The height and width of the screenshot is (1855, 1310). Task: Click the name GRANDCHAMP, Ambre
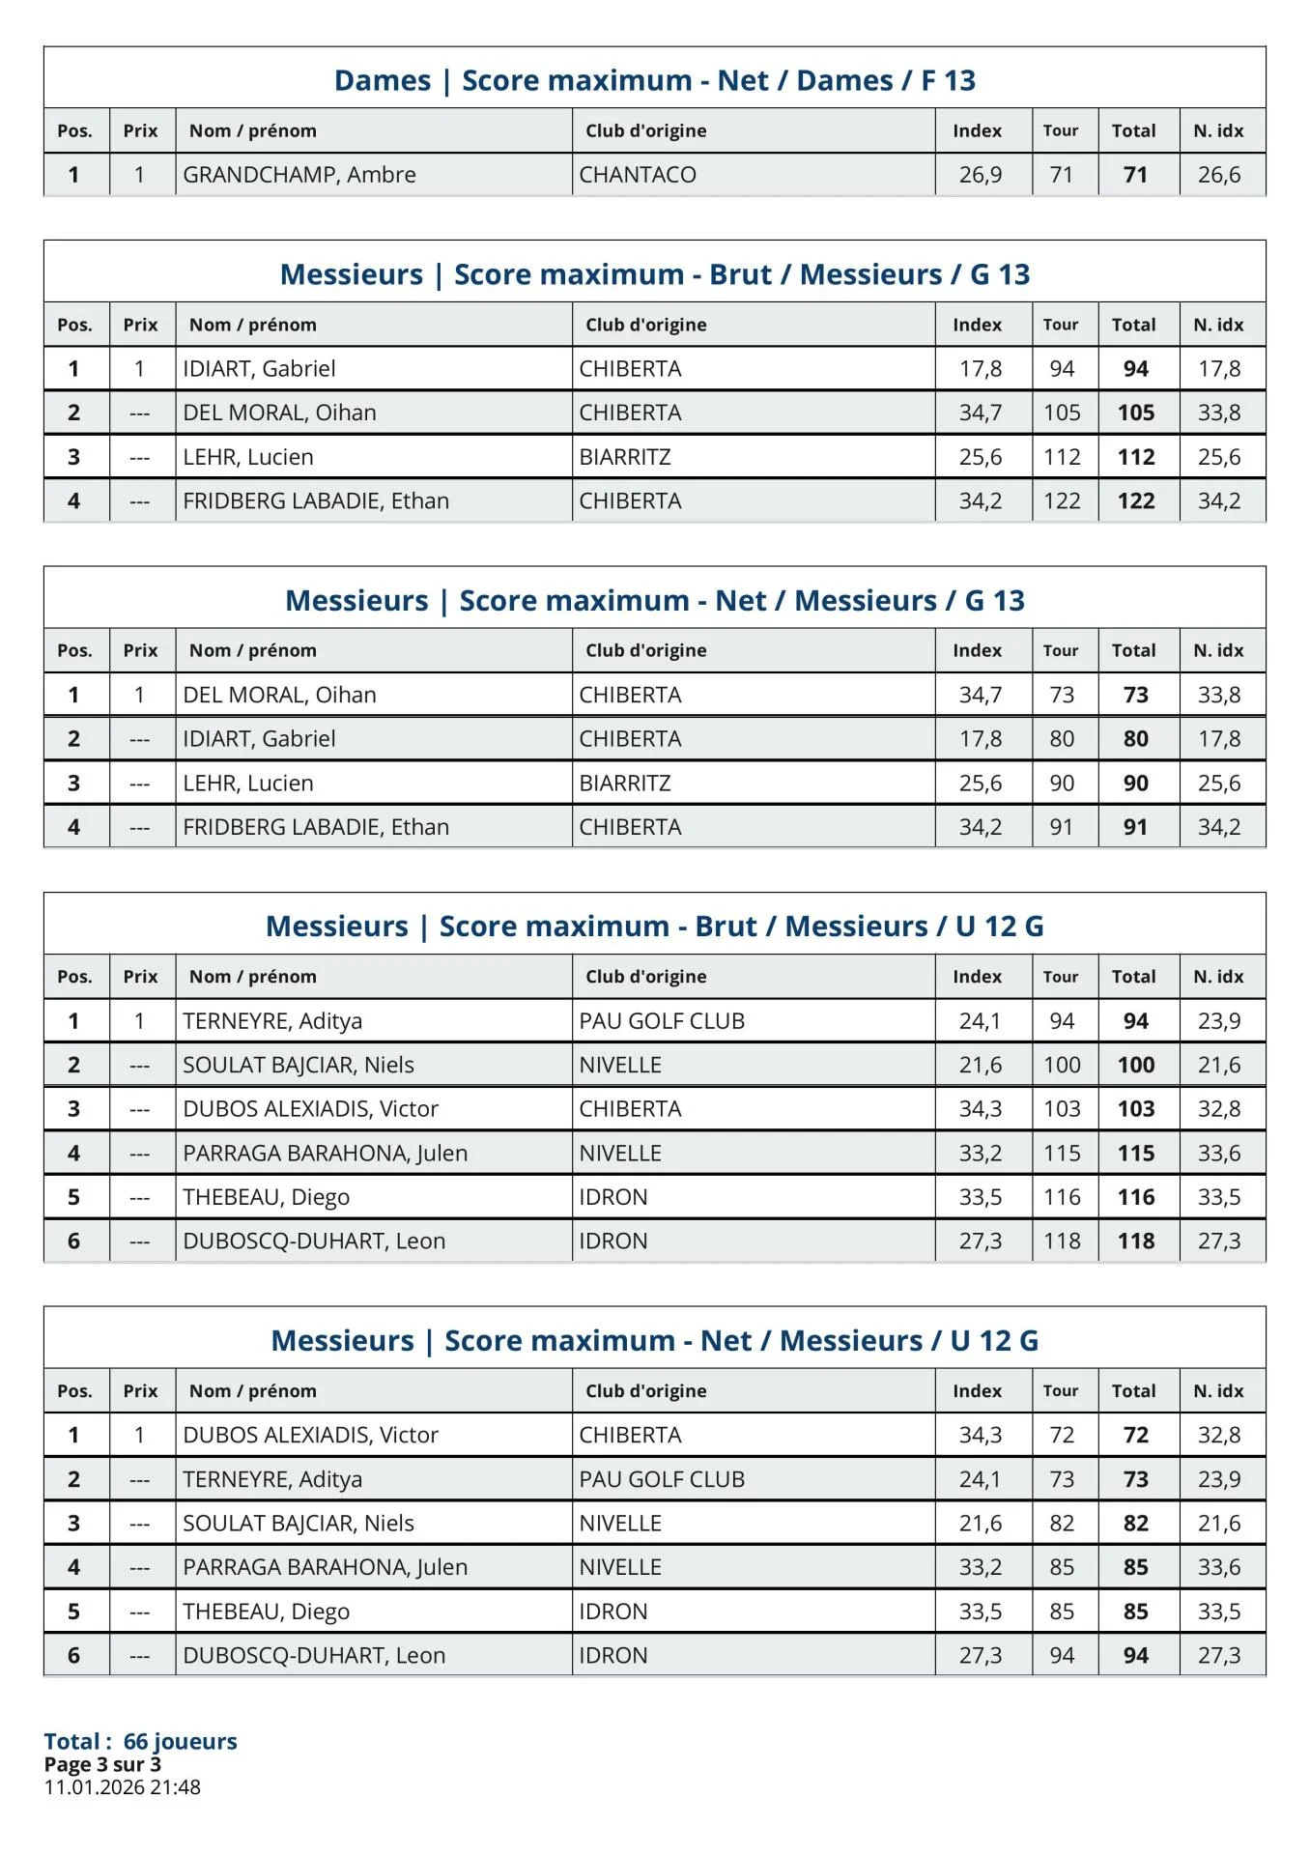point(299,175)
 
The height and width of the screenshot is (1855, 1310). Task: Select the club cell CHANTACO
point(638,175)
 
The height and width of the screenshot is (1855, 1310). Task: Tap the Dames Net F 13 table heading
point(654,80)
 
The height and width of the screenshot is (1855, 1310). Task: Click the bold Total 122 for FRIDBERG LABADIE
point(1136,501)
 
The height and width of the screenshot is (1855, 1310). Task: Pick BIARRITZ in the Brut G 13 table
point(625,457)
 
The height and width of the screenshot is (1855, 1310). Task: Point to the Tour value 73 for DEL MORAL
point(1062,696)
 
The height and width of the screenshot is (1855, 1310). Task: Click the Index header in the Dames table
point(977,131)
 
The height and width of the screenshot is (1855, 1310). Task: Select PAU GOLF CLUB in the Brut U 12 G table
point(662,1021)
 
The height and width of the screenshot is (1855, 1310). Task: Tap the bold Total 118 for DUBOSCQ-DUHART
point(1136,1241)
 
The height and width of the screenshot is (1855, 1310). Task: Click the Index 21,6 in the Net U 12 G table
point(980,1524)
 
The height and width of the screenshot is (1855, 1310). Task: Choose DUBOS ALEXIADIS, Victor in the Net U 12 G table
point(310,1436)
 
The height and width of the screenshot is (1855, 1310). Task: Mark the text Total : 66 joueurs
point(140,1741)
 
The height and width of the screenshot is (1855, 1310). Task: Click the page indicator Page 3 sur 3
point(102,1764)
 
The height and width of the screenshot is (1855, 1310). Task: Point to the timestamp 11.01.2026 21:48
point(123,1787)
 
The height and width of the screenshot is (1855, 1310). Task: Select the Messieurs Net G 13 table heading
point(654,601)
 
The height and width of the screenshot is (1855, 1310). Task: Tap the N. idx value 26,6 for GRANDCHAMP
point(1219,175)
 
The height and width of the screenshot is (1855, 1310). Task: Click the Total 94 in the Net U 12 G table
point(1136,1656)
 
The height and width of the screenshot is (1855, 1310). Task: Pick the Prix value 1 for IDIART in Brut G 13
point(140,369)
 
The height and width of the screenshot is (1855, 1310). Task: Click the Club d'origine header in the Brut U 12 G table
point(645,977)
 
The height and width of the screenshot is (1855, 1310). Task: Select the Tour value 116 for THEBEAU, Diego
point(1062,1198)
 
